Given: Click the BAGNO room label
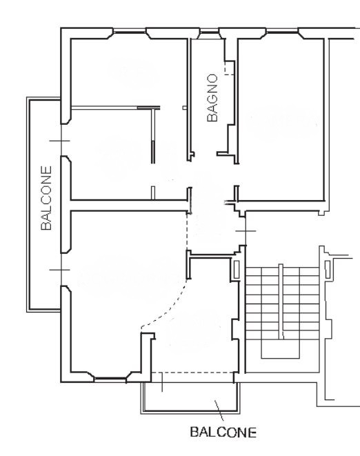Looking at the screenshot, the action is pos(212,98).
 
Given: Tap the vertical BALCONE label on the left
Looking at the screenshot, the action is pos(46,198).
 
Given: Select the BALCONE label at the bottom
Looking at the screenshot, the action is pos(223,432).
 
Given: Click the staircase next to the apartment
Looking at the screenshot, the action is pos(283,311).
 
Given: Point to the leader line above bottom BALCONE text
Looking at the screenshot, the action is pos(219,410).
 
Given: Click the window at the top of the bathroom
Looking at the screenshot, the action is pos(210,32).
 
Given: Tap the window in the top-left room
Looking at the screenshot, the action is pos(130,32).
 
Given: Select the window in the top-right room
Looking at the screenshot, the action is pos(282,32).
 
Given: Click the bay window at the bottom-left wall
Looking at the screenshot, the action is pos(110,379).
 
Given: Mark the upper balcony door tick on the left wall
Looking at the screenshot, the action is pos(60,141).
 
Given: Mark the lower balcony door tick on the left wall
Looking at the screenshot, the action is pos(60,270).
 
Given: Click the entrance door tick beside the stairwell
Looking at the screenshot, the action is pos(246,231).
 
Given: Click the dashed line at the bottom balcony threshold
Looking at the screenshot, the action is pos(192,373).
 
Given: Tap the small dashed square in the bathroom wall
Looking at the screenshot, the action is pos(230,68).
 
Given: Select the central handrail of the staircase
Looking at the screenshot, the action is pos(281,301).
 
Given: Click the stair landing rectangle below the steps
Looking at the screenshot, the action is pos(280,349).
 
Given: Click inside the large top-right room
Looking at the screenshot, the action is pos(281,119).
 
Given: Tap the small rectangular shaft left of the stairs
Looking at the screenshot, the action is pos(237,268).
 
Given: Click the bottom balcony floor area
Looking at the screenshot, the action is pos(190,396).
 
